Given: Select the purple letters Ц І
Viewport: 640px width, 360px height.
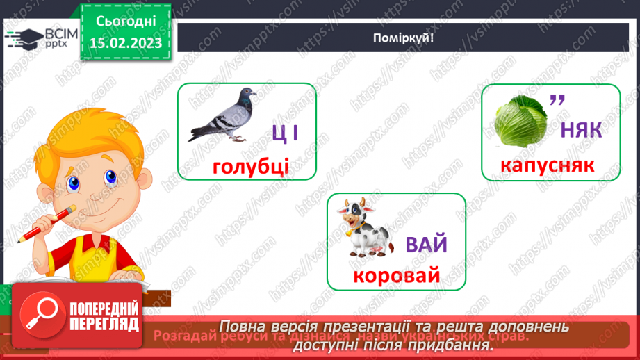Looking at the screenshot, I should (285, 131).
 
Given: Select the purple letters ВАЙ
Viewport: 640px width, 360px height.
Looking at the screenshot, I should (427, 245).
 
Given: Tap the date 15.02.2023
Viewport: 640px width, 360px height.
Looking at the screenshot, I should (126, 43).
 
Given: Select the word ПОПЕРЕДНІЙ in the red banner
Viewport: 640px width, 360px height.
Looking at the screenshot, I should (104, 308).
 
